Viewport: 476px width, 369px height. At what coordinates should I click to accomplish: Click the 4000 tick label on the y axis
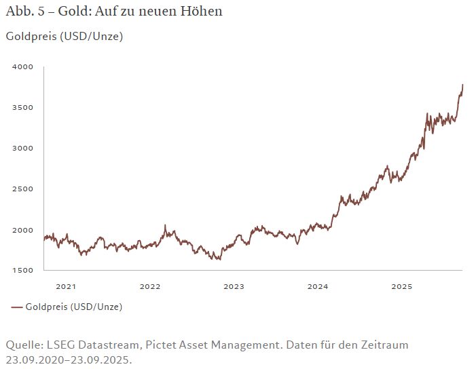click(x=22, y=67)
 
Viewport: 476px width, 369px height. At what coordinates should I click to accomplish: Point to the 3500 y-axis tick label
click(x=22, y=108)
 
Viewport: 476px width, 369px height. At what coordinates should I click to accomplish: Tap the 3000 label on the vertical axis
click(x=22, y=148)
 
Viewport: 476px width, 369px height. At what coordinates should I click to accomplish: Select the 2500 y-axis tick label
click(x=22, y=189)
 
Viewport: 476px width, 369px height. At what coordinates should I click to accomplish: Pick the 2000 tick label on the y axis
click(x=22, y=230)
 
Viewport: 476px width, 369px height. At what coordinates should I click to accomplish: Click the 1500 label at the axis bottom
click(x=22, y=271)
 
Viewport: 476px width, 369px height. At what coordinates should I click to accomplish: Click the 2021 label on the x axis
click(x=66, y=286)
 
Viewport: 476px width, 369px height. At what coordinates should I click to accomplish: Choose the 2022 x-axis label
click(x=149, y=286)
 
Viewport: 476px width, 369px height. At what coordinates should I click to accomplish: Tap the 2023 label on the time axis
click(x=234, y=286)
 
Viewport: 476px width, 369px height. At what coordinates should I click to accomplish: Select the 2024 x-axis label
click(x=318, y=286)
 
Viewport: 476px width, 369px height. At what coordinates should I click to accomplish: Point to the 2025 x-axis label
click(x=401, y=286)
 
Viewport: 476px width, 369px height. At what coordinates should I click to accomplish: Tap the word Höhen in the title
click(x=203, y=12)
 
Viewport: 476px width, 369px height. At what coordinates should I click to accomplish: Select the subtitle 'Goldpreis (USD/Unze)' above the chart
click(x=65, y=37)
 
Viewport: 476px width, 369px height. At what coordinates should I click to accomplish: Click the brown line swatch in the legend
click(x=17, y=307)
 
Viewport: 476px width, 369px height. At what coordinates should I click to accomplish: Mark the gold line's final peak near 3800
click(x=462, y=85)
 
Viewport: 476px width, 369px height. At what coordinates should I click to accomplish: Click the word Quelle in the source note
click(x=24, y=345)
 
